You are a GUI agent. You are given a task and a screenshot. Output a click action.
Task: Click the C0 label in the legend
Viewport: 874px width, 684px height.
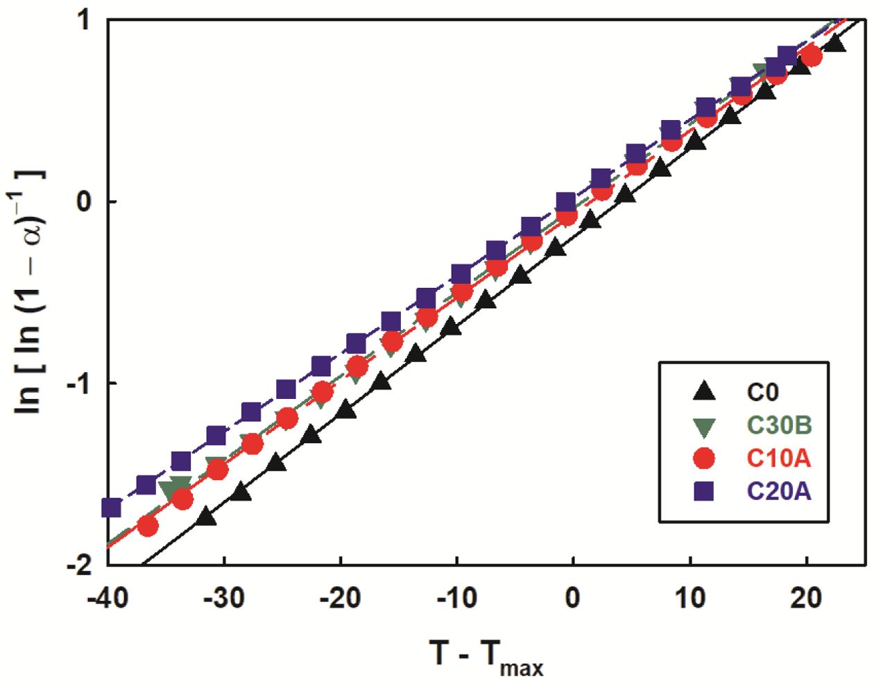click(762, 393)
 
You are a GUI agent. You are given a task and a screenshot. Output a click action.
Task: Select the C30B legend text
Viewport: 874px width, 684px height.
click(779, 425)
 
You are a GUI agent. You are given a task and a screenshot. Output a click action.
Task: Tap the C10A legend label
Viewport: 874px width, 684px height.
click(778, 458)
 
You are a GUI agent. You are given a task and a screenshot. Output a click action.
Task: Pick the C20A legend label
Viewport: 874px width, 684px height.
click(778, 491)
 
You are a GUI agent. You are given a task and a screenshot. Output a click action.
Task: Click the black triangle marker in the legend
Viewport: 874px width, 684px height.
click(704, 392)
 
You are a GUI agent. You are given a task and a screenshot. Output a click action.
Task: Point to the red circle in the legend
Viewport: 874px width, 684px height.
click(704, 458)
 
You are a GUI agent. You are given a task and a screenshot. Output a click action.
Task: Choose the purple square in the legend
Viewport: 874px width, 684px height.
click(704, 491)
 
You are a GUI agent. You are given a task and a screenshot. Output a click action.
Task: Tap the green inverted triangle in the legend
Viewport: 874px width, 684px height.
click(704, 426)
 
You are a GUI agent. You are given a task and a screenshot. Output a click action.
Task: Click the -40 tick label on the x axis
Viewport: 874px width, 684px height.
click(108, 597)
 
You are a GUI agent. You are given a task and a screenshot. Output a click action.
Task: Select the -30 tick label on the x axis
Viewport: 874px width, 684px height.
click(224, 597)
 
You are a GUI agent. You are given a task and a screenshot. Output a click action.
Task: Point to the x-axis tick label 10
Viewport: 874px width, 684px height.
click(690, 597)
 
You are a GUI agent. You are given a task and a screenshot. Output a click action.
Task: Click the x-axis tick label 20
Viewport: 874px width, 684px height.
click(806, 597)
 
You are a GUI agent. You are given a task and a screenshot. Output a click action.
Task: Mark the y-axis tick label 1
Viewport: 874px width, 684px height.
click(83, 20)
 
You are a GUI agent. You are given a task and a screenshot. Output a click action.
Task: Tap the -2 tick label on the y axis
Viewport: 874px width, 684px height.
click(78, 565)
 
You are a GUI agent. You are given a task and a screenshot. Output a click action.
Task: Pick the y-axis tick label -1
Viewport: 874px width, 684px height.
click(78, 384)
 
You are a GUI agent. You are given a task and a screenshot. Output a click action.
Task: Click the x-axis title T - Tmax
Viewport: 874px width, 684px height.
click(486, 655)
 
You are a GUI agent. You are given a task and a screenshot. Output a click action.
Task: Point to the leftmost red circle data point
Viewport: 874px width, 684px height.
click(148, 526)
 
